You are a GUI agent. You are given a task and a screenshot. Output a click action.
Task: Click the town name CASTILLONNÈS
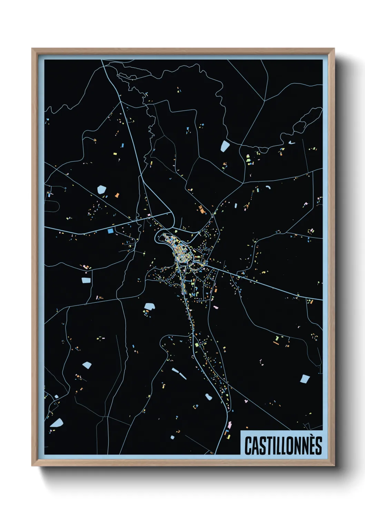(283, 445)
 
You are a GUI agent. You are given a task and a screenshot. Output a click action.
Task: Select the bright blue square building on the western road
(110, 231)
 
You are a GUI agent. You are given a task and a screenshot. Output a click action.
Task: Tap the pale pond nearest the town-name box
(304, 379)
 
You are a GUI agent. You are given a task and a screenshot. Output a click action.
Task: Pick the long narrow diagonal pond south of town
(179, 373)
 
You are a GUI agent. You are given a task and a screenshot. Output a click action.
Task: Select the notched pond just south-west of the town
(149, 306)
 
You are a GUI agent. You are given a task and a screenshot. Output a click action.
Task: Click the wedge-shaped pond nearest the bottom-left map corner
(56, 423)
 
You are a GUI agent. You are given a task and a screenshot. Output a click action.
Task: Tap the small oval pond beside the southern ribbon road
(209, 397)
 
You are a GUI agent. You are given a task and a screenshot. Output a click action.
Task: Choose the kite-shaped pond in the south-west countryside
(87, 365)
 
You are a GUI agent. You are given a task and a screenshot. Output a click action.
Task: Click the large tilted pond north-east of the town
(225, 146)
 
